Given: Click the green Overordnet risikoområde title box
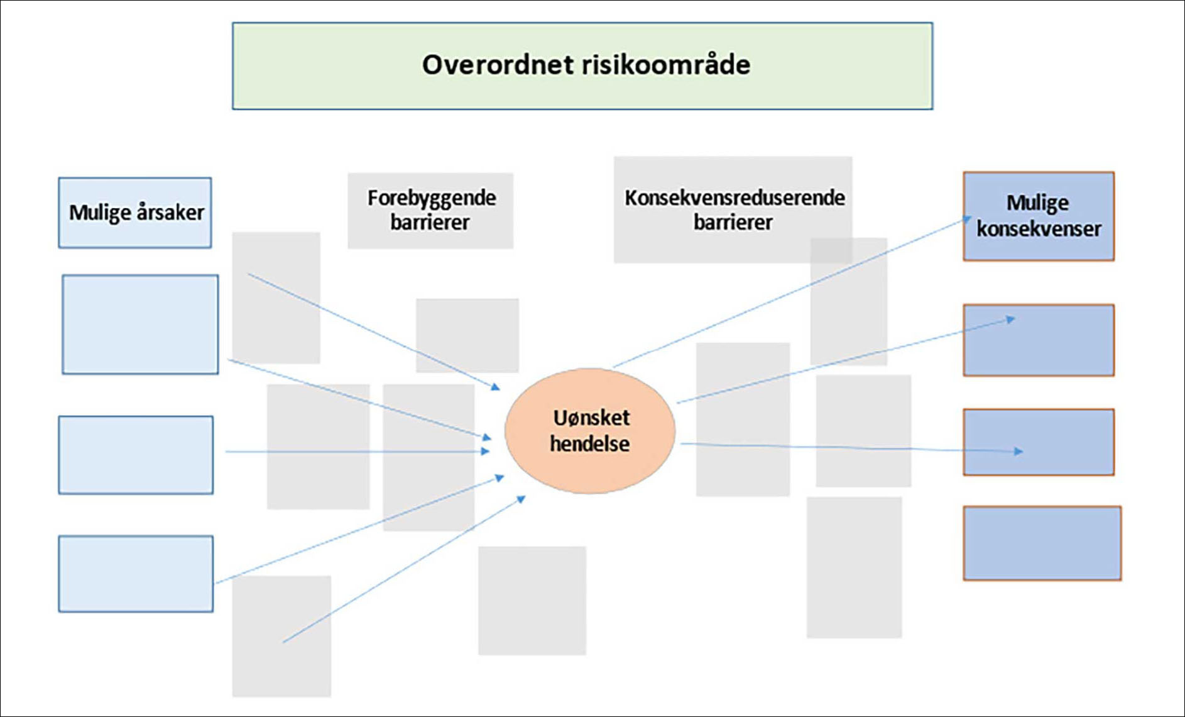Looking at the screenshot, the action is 582,66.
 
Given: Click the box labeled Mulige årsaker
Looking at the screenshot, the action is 135,213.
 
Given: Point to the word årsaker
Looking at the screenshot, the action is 170,212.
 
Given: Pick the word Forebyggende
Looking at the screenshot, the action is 432,198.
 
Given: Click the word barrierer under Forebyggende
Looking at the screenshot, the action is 430,222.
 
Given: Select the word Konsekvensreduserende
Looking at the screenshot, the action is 734,197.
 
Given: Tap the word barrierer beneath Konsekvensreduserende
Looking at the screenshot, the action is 733,222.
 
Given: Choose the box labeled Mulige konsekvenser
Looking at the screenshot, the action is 1039,216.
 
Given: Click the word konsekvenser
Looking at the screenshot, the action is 1039,228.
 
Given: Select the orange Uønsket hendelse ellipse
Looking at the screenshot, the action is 590,431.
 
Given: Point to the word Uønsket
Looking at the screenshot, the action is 591,418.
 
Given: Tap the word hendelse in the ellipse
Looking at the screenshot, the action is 590,443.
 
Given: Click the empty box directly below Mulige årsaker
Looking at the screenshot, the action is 140,325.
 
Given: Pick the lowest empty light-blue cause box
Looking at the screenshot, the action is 136,574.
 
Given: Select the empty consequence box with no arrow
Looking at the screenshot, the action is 1042,543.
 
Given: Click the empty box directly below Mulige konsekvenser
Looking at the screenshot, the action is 1039,340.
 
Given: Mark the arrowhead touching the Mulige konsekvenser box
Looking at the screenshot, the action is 968,220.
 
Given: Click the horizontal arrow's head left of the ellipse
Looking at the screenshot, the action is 486,451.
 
